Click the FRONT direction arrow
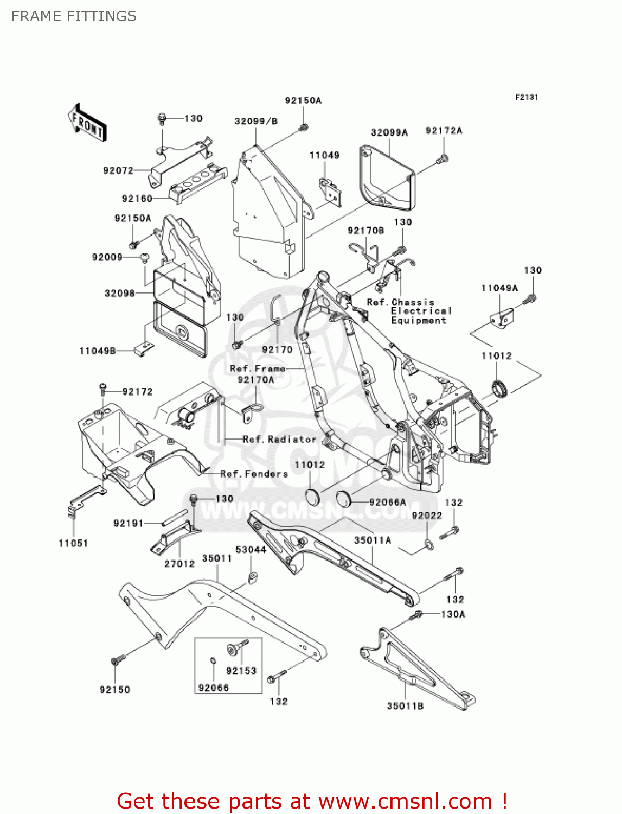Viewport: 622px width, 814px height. (87, 123)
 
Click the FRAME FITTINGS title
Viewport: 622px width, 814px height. (74, 16)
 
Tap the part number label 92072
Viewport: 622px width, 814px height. (118, 170)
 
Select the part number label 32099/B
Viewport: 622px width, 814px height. (256, 121)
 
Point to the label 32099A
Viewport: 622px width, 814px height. (389, 132)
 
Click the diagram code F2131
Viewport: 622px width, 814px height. (526, 97)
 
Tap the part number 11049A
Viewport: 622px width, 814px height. (499, 288)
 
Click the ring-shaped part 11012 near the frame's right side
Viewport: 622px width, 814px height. (499, 388)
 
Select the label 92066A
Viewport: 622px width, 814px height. (387, 502)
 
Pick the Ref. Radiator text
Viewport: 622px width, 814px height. (279, 439)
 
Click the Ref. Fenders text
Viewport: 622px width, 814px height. (254, 474)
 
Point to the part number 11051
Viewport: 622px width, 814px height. (73, 543)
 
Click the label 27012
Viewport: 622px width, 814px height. (179, 564)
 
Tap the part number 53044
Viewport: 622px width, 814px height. (251, 550)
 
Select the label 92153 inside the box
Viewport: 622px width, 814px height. (241, 671)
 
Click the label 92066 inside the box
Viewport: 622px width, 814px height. (214, 688)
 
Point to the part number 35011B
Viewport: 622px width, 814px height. (405, 706)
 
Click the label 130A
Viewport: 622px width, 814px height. (453, 614)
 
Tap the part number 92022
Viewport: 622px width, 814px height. (427, 516)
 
